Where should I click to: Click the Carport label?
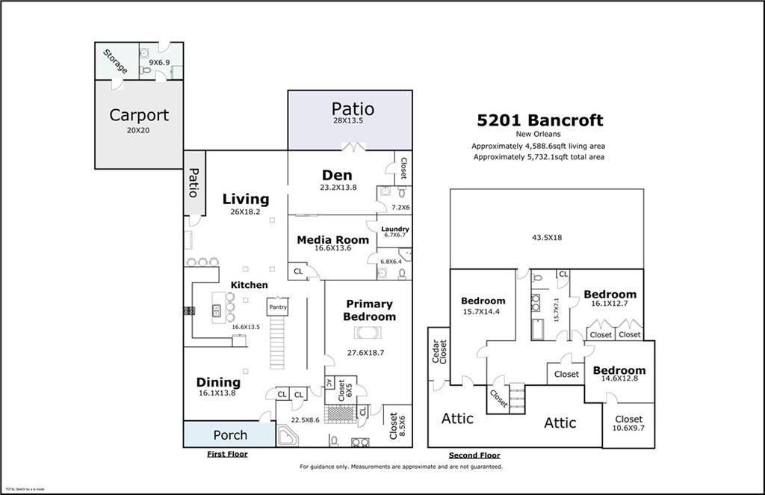click(x=139, y=115)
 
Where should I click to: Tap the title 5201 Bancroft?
click(x=540, y=120)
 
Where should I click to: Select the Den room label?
click(x=337, y=176)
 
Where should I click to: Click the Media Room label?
click(x=332, y=240)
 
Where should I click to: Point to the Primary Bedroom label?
click(x=368, y=310)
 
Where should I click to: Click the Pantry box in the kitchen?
click(x=277, y=307)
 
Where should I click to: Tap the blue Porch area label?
click(x=230, y=435)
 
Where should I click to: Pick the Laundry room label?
click(x=394, y=230)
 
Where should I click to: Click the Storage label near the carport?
click(x=115, y=61)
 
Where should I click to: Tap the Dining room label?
click(x=218, y=382)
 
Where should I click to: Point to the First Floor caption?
click(x=227, y=454)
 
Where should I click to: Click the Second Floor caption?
click(x=474, y=455)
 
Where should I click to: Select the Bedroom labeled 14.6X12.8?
click(x=619, y=370)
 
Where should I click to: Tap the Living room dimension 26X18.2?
click(x=246, y=212)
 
